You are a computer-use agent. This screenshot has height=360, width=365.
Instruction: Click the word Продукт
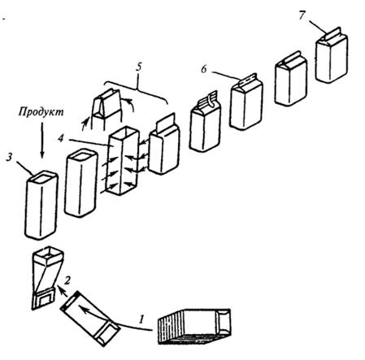41,111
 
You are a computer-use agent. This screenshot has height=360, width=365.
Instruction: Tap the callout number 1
141,319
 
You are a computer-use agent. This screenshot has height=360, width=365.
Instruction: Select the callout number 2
67,280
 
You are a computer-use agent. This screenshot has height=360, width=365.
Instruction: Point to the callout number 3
9,157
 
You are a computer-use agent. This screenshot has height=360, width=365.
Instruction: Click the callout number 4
61,138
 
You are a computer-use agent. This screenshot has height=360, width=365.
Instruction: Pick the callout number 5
139,67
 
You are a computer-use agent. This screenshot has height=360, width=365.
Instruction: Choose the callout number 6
204,69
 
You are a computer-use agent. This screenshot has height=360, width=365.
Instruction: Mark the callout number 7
302,15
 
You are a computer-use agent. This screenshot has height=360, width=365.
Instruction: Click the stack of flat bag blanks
194,327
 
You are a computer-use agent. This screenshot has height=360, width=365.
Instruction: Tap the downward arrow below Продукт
42,140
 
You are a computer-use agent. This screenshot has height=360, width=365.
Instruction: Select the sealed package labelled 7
332,55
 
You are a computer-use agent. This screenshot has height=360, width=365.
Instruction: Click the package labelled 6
246,102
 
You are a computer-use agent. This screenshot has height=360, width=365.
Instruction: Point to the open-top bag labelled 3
41,205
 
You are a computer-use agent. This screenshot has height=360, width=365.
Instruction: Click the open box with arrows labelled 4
124,160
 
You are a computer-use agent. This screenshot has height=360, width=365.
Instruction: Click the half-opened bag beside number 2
46,278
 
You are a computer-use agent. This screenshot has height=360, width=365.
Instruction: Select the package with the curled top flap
206,121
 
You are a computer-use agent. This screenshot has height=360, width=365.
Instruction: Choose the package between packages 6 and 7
291,79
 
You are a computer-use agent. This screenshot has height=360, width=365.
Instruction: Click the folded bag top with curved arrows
107,108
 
